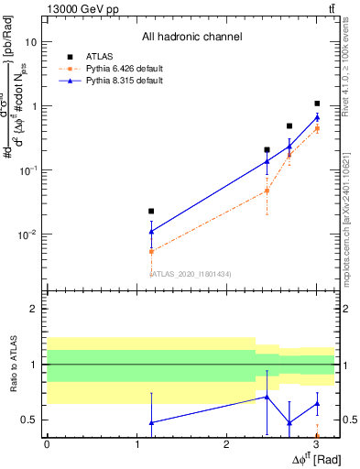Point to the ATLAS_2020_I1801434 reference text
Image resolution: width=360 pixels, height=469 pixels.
click(x=191, y=273)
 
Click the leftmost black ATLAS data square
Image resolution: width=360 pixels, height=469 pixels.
click(x=152, y=212)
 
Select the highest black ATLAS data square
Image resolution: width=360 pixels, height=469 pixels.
click(x=317, y=104)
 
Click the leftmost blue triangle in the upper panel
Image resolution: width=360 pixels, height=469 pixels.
click(x=152, y=232)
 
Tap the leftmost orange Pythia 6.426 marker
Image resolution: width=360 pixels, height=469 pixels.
click(x=152, y=251)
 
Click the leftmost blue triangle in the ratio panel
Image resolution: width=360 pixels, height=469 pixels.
click(x=152, y=422)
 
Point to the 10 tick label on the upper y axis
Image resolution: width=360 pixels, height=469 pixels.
click(x=30, y=42)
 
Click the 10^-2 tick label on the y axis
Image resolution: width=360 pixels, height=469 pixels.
click(x=27, y=234)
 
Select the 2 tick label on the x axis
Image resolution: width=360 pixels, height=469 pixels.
click(x=226, y=444)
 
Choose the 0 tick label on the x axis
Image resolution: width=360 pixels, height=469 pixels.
click(x=47, y=444)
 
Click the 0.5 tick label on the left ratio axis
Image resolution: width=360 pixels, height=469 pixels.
click(x=29, y=420)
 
